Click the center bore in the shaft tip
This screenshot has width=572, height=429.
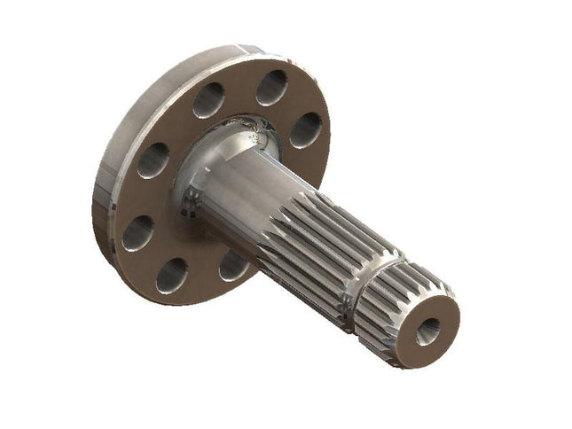(427, 331)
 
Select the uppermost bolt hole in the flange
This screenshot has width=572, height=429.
(271, 88)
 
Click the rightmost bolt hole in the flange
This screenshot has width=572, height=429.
(305, 129)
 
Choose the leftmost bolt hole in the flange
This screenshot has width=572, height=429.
(137, 232)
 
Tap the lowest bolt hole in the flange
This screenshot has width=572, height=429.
(171, 276)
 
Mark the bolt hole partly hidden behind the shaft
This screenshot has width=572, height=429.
(232, 264)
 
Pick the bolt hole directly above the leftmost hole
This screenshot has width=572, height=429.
(153, 160)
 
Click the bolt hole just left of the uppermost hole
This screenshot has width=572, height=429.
(209, 100)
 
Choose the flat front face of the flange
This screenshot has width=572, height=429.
(177, 124)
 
